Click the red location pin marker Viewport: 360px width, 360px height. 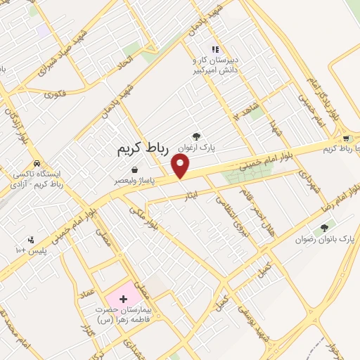pyautogui.click(x=181, y=166)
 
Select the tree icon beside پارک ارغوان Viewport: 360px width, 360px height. pyautogui.click(x=195, y=136)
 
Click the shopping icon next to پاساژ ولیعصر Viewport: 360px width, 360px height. pyautogui.click(x=134, y=169)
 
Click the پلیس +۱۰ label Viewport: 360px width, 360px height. pyautogui.click(x=30, y=250)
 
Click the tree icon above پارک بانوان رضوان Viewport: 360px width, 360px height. pyautogui.click(x=324, y=228)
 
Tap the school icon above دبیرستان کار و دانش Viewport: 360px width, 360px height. pyautogui.click(x=215, y=49)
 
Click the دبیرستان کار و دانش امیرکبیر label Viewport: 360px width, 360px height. pyautogui.click(x=218, y=65)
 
